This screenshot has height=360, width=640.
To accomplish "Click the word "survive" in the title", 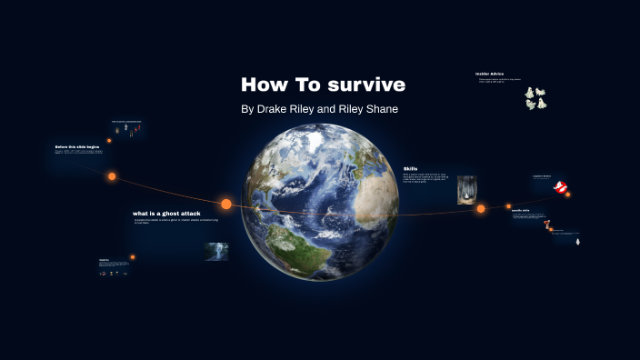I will tap(361, 85).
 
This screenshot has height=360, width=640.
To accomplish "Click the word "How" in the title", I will tap(263, 85).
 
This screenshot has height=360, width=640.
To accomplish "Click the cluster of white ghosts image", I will tap(535, 98).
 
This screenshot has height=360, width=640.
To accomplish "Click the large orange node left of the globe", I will tap(226, 204).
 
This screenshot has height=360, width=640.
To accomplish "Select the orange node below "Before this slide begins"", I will tap(113, 176).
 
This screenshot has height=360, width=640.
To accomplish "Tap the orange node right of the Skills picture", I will tap(481, 209).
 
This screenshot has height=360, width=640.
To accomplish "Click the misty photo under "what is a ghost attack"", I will tap(216, 251).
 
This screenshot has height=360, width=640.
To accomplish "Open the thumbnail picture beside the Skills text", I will tap(466, 190).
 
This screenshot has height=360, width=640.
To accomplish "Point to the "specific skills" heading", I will tap(521, 211).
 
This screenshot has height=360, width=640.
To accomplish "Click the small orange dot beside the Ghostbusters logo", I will tap(568, 194).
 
